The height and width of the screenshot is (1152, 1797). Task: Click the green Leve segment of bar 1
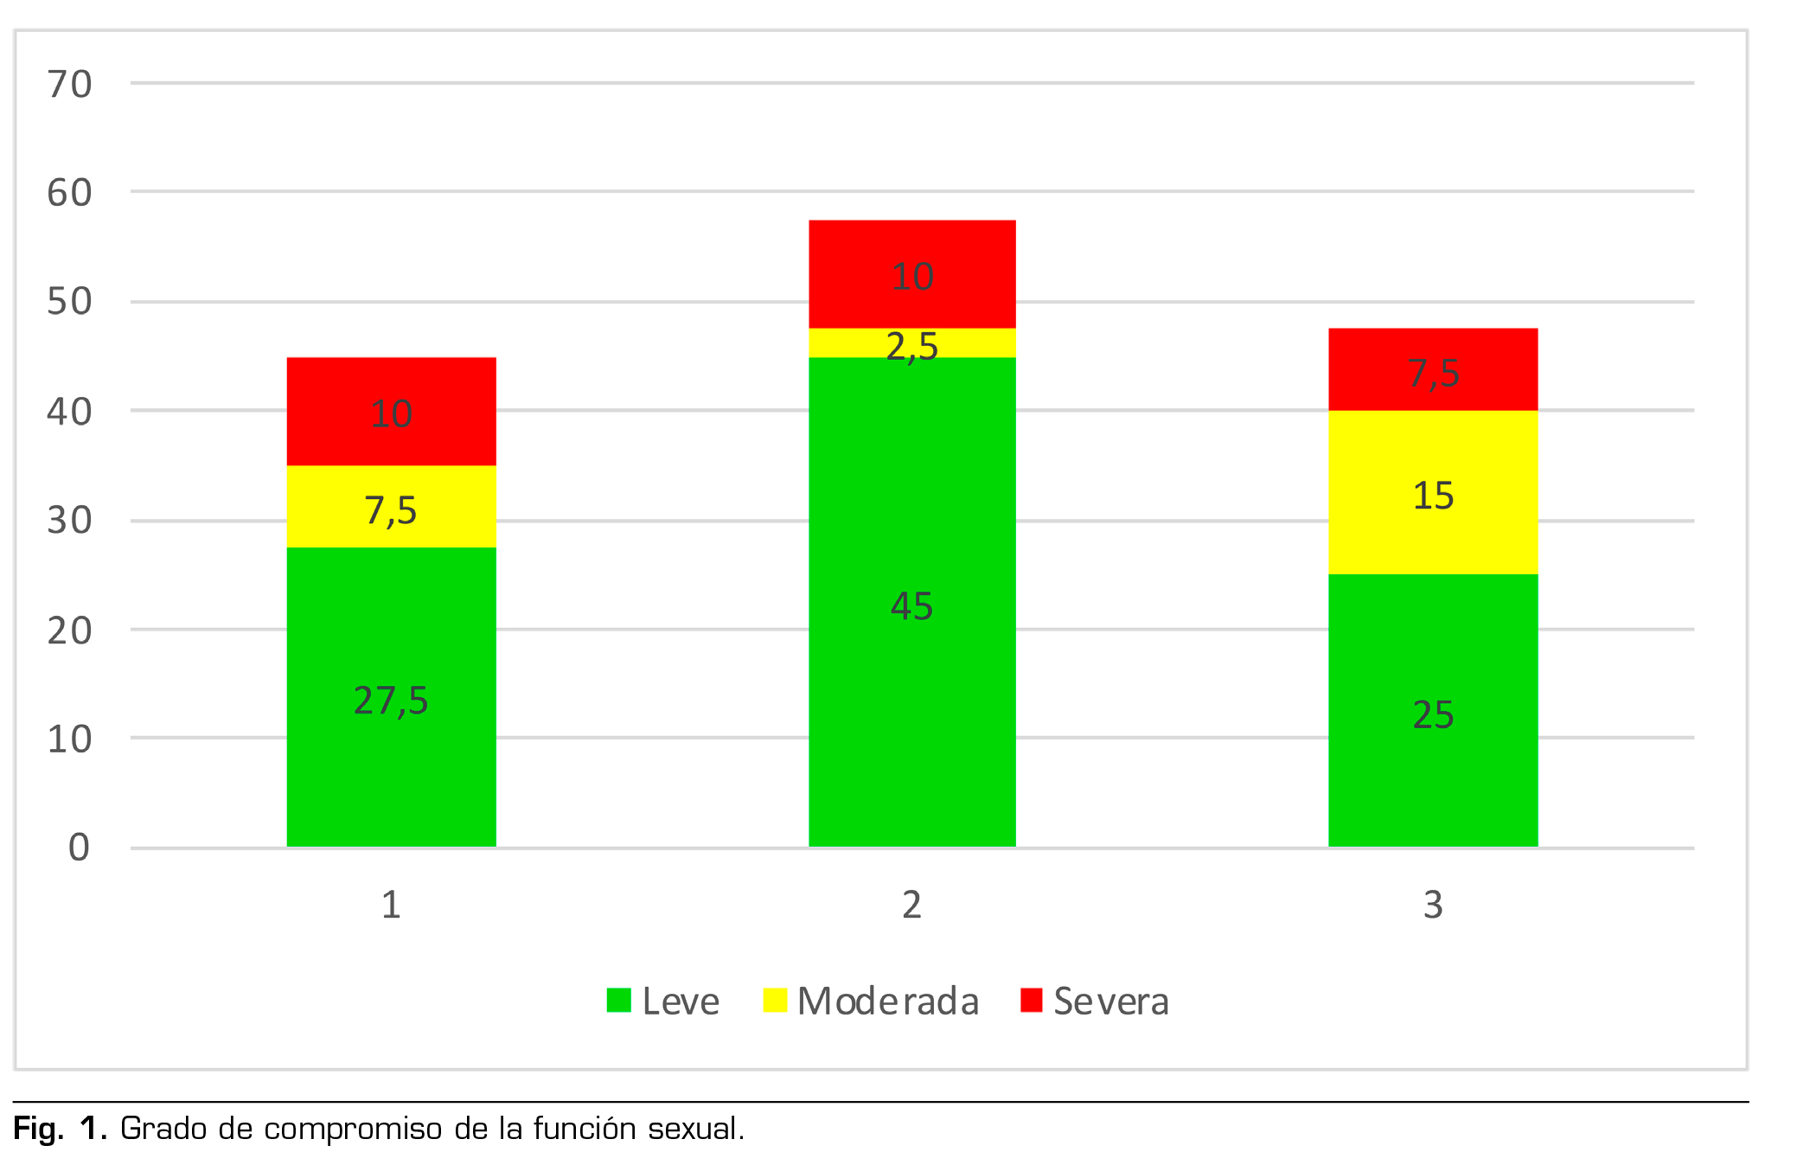(x=391, y=623)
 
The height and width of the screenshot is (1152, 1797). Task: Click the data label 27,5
(x=391, y=700)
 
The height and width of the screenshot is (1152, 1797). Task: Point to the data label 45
(x=911, y=605)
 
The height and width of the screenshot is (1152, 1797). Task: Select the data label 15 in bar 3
(x=1433, y=496)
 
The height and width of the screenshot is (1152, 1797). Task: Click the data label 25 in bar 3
(x=1433, y=714)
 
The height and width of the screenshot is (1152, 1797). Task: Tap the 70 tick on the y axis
(x=69, y=85)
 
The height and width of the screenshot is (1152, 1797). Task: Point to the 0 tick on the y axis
(x=79, y=848)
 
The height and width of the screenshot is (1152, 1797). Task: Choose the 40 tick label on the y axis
(x=69, y=412)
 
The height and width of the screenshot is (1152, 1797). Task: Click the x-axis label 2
(x=911, y=905)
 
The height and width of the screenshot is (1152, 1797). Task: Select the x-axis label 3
(x=1433, y=905)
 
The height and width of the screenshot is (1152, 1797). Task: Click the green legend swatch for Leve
(x=618, y=1000)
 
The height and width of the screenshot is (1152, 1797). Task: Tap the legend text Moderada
(x=888, y=1001)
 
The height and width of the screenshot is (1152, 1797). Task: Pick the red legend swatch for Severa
(x=1031, y=1000)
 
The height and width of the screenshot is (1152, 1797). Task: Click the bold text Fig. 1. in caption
(x=60, y=1129)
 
